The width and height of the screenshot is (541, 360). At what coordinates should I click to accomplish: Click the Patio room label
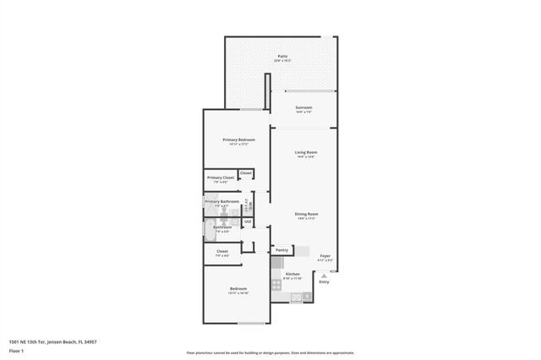pyautogui.click(x=282, y=57)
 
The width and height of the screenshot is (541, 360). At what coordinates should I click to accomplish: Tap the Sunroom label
pyautogui.click(x=303, y=107)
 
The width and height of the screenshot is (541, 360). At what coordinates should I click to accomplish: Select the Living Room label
pyautogui.click(x=305, y=153)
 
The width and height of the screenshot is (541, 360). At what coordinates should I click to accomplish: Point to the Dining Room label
pyautogui.click(x=305, y=215)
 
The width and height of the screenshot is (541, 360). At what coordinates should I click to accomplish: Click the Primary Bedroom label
pyautogui.click(x=238, y=139)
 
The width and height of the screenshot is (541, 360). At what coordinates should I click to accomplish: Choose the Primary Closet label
pyautogui.click(x=221, y=177)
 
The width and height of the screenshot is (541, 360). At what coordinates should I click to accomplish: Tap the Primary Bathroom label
pyautogui.click(x=221, y=202)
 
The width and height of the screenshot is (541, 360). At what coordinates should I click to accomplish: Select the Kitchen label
pyautogui.click(x=292, y=275)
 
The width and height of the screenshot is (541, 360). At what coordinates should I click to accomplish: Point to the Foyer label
pyautogui.click(x=325, y=255)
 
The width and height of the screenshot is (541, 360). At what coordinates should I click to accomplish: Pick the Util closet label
pyautogui.click(x=248, y=222)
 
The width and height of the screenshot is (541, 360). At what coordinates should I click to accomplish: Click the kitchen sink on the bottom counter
pyautogui.click(x=296, y=297)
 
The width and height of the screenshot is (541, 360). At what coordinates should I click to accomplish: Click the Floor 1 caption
pyautogui.click(x=16, y=350)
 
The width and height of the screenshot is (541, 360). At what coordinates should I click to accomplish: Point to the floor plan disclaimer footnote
pyautogui.click(x=270, y=353)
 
